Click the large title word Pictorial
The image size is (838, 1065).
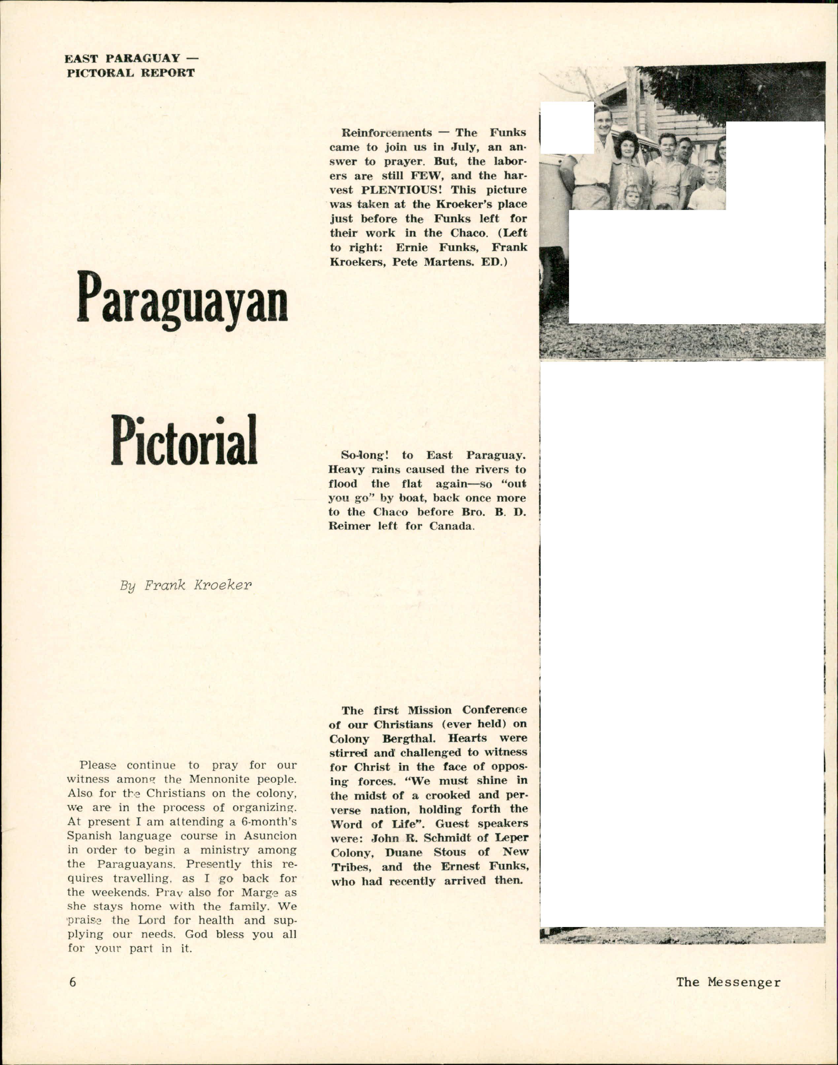(184, 440)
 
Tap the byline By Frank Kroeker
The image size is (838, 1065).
(185, 586)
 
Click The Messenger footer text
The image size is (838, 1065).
(728, 982)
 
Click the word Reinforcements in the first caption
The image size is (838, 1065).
(386, 132)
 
